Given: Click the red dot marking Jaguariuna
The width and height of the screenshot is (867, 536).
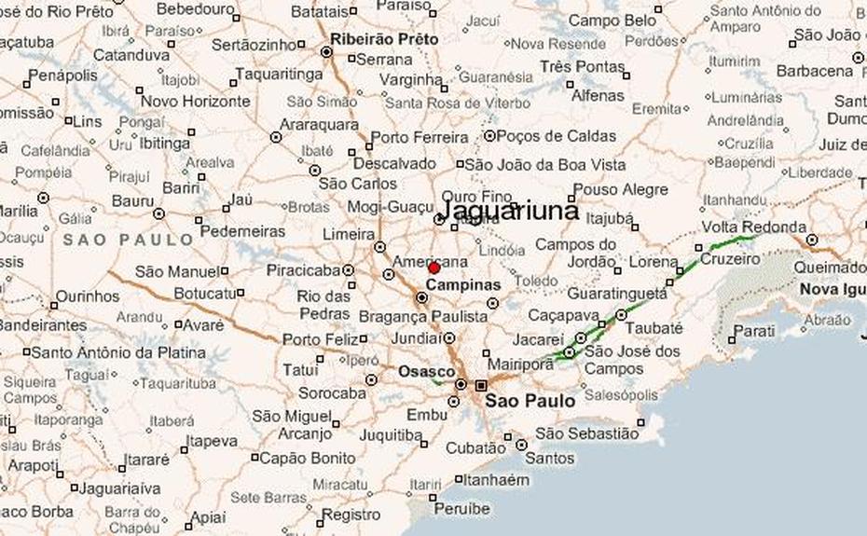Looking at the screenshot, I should coord(433,268).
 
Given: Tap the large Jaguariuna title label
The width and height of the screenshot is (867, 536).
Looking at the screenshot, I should coord(508,211).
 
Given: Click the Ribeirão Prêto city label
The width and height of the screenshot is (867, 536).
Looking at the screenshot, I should coord(384,40).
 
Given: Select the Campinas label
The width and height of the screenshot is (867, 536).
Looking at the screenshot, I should coord(463,284).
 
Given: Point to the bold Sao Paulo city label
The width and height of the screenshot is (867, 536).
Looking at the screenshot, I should coord(530,402).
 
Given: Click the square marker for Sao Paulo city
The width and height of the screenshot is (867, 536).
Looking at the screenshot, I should coord(481,385).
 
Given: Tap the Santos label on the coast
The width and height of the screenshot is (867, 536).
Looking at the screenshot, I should coord(550,459).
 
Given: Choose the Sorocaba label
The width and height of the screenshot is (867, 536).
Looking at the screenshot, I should coord(331,393).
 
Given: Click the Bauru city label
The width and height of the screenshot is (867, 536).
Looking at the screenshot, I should coord(133,200).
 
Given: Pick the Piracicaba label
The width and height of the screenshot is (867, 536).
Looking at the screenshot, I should coord(303,270).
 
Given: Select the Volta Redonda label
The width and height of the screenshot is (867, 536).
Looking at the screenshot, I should coord(753,227).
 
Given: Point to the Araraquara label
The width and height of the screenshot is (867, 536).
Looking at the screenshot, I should coord(320,124).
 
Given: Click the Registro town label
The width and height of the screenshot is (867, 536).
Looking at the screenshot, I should coord(352,514).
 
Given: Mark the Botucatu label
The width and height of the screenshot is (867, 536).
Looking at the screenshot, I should coord(202,293).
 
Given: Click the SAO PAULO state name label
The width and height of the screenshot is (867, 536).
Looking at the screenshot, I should coord(129,240).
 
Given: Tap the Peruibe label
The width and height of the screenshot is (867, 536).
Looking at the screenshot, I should coord(461,509).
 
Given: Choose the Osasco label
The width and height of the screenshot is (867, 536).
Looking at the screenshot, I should coord(426,371).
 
